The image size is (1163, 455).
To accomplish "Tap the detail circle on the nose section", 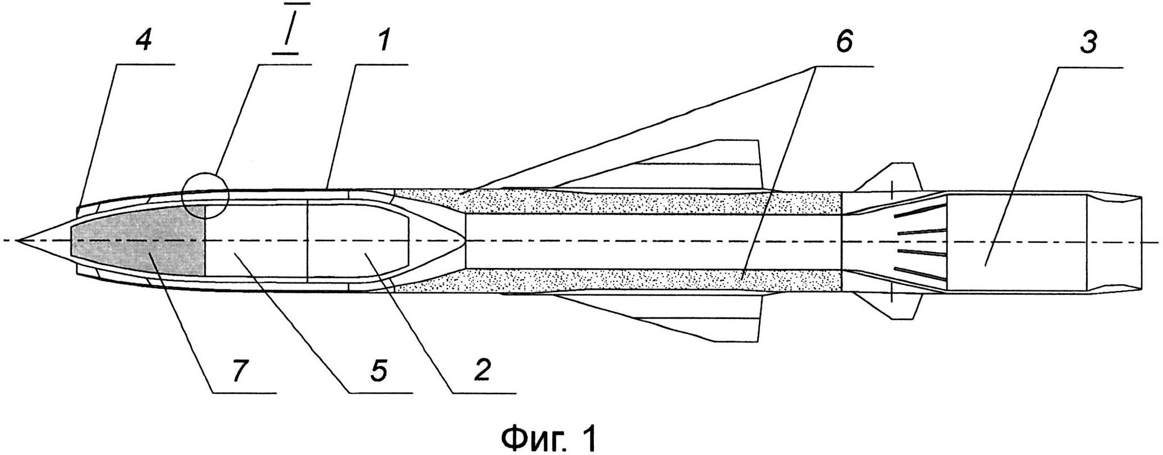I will coord(206,195).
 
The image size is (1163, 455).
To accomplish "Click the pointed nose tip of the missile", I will coord(20,240).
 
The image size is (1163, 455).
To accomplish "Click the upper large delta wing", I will coord(702,166).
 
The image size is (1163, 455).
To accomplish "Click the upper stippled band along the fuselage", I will coord(617,201).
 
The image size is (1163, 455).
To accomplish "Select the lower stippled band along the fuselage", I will coord(617,280).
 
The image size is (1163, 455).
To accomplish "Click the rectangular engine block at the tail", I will coord(1016,242).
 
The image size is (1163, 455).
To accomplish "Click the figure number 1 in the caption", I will coord(588,438).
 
